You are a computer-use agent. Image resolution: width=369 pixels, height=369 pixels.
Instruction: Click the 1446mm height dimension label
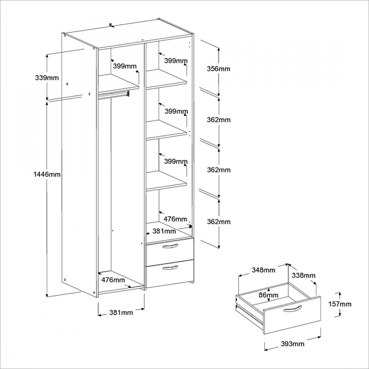[x=46, y=174]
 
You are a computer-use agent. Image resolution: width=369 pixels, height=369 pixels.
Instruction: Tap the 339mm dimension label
[x=46, y=77]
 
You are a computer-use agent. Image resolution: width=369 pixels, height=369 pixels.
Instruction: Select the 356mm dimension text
[x=218, y=69]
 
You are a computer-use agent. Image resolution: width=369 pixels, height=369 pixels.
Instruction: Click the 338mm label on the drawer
[x=304, y=275]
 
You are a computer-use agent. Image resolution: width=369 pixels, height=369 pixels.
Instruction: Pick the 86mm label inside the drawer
[x=268, y=295]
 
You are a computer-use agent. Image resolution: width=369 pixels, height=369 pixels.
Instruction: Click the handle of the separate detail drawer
[x=292, y=309]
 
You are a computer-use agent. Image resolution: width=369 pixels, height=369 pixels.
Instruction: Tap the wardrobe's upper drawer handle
[x=170, y=246]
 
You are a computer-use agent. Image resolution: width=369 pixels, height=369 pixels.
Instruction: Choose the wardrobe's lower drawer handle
[x=170, y=267]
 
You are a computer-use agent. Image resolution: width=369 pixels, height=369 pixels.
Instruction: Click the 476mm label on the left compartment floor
[x=113, y=279]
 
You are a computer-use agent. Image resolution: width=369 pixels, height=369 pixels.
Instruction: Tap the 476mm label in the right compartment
[x=175, y=219]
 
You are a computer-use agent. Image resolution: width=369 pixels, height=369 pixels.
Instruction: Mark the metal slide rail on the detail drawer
[x=249, y=312]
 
